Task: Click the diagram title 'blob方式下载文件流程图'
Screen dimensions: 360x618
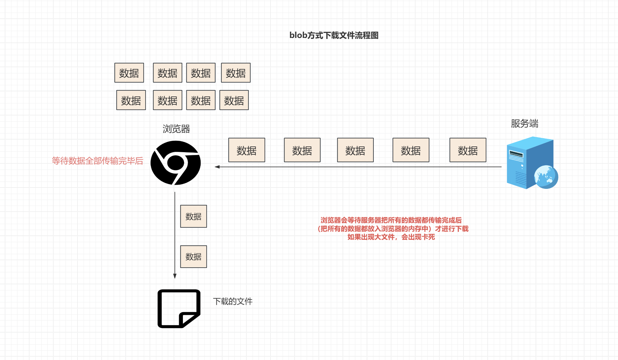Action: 334,35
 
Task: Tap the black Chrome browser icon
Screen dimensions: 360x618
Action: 176,163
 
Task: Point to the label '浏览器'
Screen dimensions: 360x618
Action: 176,129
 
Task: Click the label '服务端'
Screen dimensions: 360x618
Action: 524,123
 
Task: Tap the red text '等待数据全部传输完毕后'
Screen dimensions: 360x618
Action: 97,161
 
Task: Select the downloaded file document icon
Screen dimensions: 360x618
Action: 179,308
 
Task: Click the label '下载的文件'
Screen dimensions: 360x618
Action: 233,301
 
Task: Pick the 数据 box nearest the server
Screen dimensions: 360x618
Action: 468,150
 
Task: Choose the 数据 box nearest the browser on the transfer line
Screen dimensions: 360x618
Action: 247,150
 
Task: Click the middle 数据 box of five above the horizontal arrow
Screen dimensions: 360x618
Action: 355,150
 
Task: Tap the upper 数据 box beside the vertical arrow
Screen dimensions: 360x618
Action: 193,216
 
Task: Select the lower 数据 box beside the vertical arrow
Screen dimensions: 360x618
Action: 193,257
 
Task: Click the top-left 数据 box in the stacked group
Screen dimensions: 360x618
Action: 129,73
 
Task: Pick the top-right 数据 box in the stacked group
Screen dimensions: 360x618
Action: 235,73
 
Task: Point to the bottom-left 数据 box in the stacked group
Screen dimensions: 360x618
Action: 131,100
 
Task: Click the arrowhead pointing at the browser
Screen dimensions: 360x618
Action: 217,167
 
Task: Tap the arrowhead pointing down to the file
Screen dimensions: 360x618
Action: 175,276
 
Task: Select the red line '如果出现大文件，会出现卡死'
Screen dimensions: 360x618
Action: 391,237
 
